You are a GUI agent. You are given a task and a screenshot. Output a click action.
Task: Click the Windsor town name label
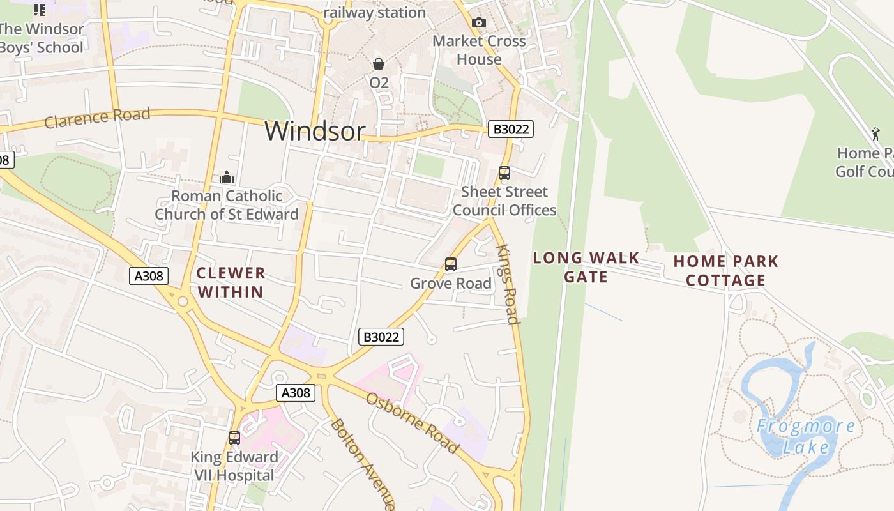[x=315, y=131]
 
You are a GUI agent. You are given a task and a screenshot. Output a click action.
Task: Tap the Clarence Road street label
[x=97, y=118]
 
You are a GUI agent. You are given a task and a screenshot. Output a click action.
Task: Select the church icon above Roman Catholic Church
[x=227, y=177]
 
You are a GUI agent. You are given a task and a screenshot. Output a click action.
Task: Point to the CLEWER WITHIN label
[x=230, y=282]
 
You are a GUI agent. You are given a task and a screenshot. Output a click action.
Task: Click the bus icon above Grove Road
[x=451, y=264]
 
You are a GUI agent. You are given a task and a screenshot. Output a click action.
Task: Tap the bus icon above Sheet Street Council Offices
[x=504, y=172]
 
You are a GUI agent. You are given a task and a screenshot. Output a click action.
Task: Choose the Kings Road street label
[x=507, y=284]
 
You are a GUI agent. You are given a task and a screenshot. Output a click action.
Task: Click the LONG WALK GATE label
[x=586, y=267]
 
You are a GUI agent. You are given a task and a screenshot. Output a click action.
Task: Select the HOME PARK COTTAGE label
[x=726, y=270]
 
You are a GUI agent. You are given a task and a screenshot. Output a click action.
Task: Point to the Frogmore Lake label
[x=806, y=436]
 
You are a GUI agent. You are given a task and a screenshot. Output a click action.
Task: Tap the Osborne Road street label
[x=412, y=422]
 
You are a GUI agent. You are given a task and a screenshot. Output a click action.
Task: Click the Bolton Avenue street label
[x=362, y=463]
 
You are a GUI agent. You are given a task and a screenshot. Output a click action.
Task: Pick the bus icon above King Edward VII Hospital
[x=234, y=438]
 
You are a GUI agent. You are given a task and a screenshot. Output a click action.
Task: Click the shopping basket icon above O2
[x=379, y=64]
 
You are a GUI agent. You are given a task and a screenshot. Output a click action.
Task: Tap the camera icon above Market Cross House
[x=479, y=23]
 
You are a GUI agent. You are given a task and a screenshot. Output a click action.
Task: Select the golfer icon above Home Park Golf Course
[x=875, y=134]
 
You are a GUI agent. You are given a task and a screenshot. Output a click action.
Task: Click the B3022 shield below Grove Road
[x=381, y=337]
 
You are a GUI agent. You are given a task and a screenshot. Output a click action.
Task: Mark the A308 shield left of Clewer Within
[x=149, y=276]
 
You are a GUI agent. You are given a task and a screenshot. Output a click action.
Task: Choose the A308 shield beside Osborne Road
[x=296, y=392]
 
